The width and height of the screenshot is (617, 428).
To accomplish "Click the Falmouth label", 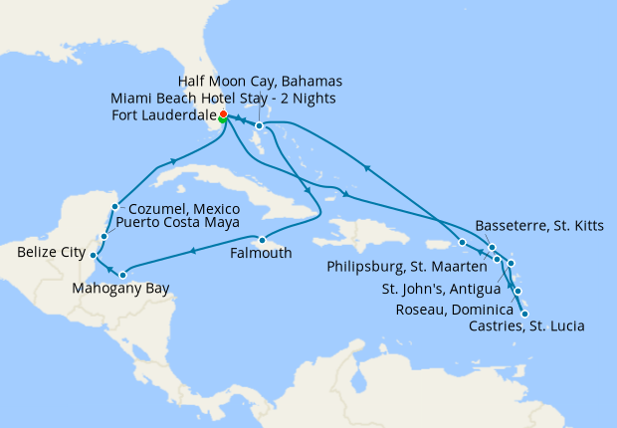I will click(262, 254).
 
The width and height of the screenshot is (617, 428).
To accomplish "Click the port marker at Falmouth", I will click(260, 240).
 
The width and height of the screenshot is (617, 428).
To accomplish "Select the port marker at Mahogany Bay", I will click(122, 275).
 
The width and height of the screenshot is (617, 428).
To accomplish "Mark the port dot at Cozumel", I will click(115, 207).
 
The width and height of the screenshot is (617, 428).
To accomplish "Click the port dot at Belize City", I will click(92, 255).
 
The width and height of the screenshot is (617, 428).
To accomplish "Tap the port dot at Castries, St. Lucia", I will click(523, 314).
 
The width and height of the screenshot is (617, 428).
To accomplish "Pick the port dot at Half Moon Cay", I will click(258, 126).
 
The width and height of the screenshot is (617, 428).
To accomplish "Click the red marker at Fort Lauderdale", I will click(223, 114).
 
